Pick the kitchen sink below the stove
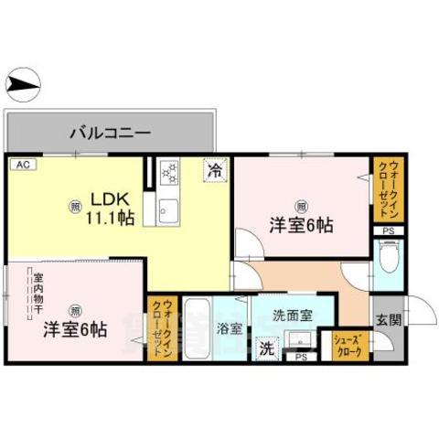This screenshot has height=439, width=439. coord(168,210)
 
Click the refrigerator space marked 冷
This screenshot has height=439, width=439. coord(215,170)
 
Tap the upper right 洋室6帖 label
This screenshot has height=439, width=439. coord(300,224)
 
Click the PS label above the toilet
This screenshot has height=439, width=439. coord(389,230)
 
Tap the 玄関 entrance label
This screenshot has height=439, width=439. coord(388,319)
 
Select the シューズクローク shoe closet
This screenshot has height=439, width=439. coord(351,344)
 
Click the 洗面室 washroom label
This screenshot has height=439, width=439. coord(292,315)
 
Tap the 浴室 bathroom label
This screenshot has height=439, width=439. coord(230,328)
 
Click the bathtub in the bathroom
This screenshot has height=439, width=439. coord(197,329)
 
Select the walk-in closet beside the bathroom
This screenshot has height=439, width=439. coord(161,329)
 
